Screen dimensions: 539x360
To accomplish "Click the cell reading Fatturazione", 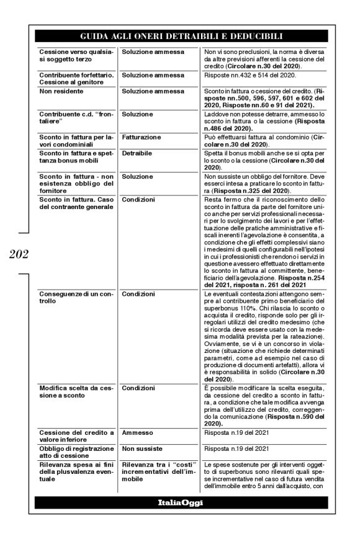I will pos(141,136).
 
